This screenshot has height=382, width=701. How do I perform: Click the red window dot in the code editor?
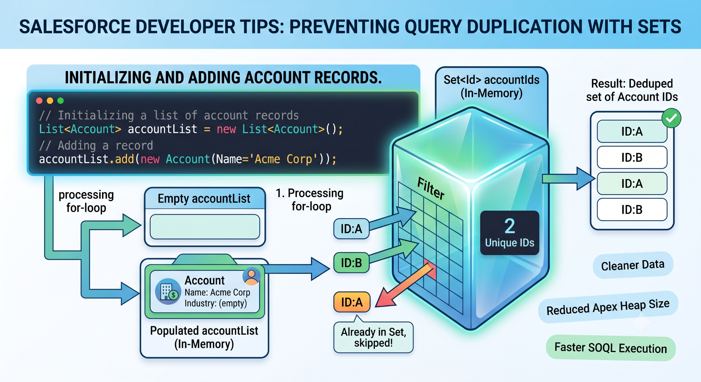[39, 101]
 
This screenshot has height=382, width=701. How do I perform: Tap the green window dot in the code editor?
[61, 101]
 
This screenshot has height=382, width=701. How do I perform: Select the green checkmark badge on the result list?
[671, 118]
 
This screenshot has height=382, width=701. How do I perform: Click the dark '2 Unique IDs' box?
[510, 233]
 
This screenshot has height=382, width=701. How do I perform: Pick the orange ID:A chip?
[352, 302]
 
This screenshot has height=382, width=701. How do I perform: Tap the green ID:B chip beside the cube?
[352, 263]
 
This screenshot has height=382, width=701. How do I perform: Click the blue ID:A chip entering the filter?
[352, 229]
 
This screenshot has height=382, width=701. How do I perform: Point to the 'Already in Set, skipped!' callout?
[373, 337]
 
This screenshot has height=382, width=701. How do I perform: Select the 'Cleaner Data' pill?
[633, 265]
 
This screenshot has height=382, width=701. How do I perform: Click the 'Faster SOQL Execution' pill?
[611, 348]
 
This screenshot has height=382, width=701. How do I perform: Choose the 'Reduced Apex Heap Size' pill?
[608, 307]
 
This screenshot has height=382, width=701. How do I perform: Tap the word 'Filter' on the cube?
[431, 188]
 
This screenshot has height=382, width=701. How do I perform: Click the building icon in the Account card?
[168, 291]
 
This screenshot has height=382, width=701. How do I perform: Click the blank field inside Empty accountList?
[205, 227]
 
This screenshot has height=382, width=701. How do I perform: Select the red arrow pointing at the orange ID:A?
[404, 286]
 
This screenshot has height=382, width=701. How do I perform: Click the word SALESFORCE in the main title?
[75, 27]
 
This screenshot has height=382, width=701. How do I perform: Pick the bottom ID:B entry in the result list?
[632, 210]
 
